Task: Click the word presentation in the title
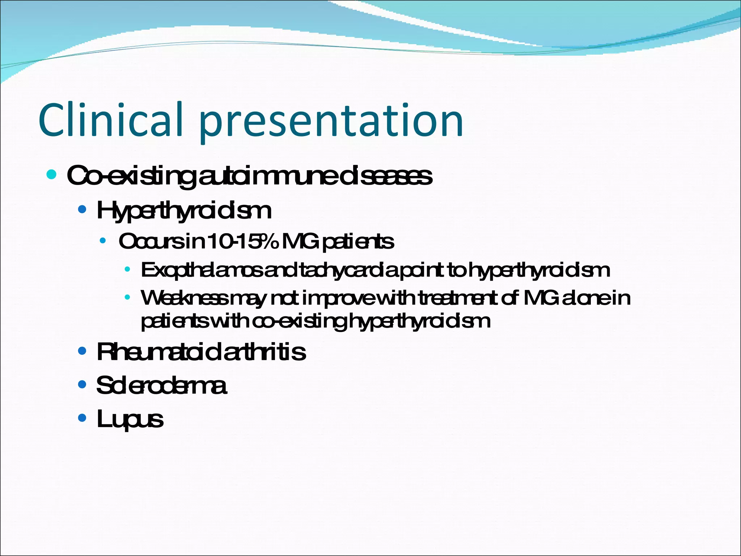click(331, 121)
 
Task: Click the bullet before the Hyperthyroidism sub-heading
click(82, 210)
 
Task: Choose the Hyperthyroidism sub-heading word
click(184, 211)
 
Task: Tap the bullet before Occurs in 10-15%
click(103, 241)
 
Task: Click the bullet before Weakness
click(127, 298)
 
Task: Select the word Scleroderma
click(161, 386)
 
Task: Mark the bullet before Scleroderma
click(82, 384)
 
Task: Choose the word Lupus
click(130, 420)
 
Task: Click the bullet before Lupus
click(82, 418)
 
